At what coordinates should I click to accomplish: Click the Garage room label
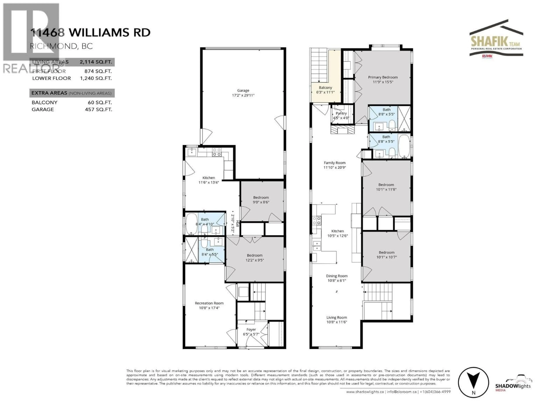pyautogui.click(x=243, y=90)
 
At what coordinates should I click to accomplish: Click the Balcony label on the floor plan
pyautogui.click(x=325, y=88)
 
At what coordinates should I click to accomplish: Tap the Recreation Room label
pyautogui.click(x=209, y=303)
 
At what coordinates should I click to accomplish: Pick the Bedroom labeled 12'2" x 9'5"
pyautogui.click(x=254, y=257)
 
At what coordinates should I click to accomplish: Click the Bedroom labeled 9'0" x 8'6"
pyautogui.click(x=261, y=200)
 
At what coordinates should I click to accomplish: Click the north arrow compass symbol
pyautogui.click(x=473, y=382)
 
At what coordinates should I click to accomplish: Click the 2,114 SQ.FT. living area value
pyautogui.click(x=95, y=62)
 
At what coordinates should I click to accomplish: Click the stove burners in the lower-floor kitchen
pyautogui.click(x=217, y=152)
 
